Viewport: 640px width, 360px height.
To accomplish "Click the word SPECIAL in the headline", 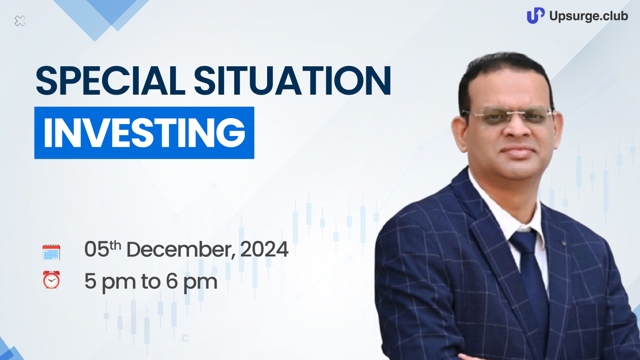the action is coord(111,80).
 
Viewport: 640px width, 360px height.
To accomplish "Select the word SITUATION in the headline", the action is coord(292,80).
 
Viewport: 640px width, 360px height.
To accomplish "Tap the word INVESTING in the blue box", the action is coord(144,133).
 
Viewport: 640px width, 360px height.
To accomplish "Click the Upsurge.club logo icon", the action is coord(536,16).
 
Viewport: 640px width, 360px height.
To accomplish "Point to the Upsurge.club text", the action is coord(588,16).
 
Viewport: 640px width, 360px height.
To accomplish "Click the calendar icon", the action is coord(51,252).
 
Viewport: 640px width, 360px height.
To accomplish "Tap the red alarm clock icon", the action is coord(52,280).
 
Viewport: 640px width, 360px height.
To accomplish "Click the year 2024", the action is coord(264,249).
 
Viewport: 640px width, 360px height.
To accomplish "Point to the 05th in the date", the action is coord(103,249).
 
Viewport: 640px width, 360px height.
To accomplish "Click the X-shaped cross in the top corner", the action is coord(20,21).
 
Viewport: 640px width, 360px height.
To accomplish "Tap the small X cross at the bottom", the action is coord(185,338).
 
